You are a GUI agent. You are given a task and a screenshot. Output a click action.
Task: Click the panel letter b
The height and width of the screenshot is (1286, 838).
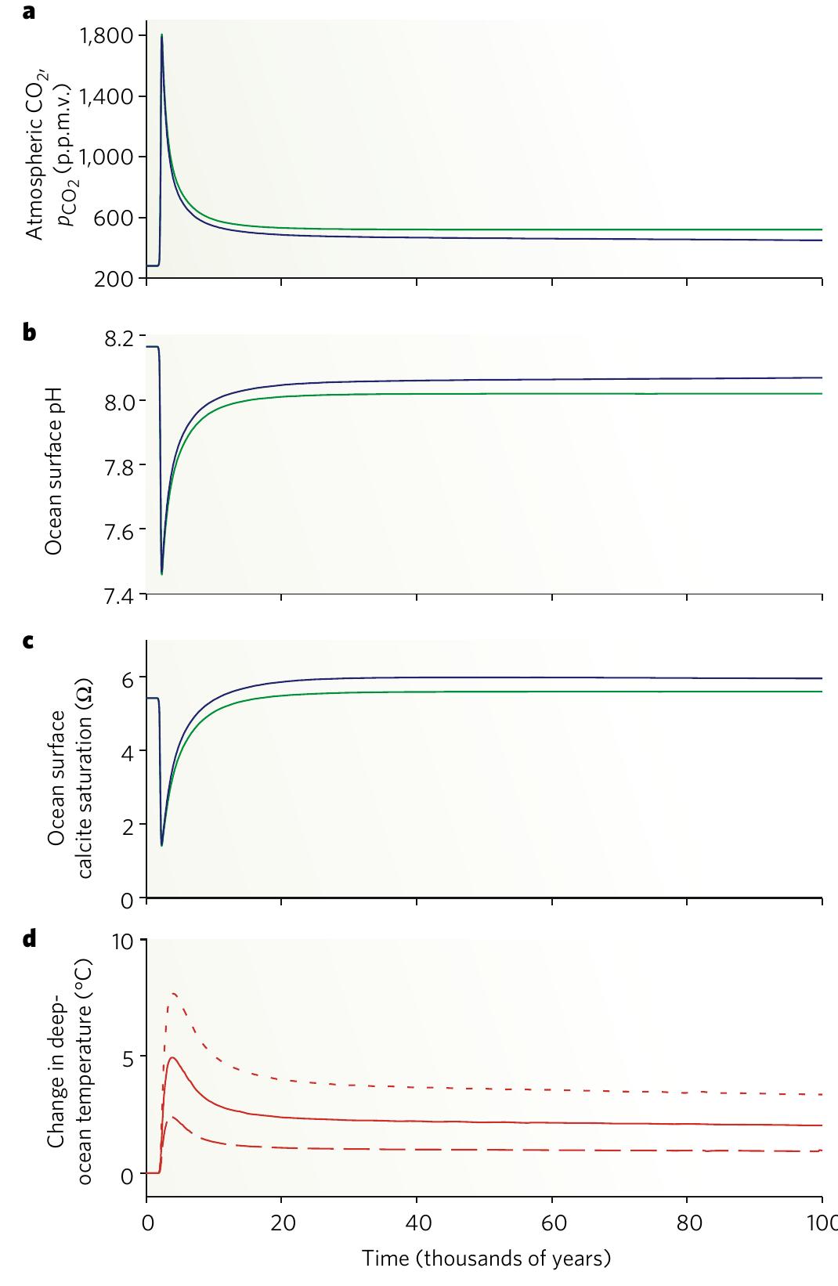29,332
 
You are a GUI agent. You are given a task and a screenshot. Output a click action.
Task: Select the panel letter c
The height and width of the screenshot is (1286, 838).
29,641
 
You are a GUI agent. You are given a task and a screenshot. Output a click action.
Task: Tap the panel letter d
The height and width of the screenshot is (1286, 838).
29,938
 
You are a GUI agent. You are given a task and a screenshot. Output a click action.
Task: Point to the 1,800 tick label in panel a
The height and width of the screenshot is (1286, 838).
112,35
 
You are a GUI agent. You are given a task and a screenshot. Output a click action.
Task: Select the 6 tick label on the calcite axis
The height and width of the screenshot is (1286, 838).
129,677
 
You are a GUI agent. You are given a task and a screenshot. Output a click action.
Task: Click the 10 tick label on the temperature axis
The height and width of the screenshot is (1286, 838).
124,940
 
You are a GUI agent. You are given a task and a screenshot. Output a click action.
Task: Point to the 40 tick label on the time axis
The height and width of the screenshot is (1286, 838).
417,1224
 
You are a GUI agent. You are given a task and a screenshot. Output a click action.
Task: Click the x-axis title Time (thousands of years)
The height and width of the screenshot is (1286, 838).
486,1259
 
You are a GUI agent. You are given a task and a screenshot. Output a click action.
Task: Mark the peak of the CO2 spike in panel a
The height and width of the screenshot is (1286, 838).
161,35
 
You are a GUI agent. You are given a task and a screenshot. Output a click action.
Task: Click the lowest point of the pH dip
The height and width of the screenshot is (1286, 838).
161,573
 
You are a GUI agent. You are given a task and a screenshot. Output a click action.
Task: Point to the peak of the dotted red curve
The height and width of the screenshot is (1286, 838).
174,993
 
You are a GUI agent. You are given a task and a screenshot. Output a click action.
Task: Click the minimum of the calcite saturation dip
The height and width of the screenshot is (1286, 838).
161,845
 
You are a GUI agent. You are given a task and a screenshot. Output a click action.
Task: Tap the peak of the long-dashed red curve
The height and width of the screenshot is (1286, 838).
172,1118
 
